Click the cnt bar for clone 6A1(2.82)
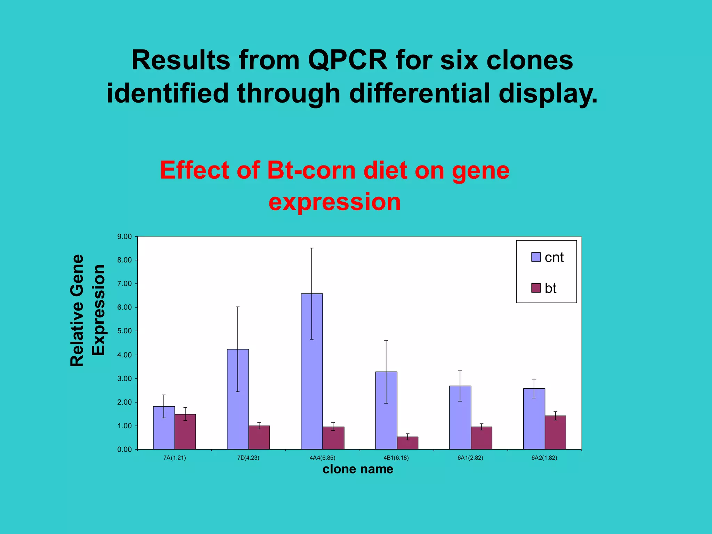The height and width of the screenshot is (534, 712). [460, 418]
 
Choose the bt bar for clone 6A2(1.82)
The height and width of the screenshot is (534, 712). [555, 432]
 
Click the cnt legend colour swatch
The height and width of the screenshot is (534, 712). [536, 257]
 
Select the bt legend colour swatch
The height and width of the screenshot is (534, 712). [536, 288]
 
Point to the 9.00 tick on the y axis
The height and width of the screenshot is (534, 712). [124, 237]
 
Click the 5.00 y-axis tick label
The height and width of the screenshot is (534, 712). [124, 331]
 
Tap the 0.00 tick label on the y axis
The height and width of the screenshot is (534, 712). [124, 450]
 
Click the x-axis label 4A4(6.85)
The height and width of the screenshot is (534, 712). [322, 458]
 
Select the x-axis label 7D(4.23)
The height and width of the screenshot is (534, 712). [248, 458]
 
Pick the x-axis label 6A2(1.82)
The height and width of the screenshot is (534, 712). [544, 458]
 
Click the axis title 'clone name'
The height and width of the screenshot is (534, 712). [358, 469]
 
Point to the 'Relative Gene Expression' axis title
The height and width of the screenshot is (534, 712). [87, 310]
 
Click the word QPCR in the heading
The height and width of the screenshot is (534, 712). [347, 60]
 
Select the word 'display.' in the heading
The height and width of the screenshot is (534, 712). [548, 93]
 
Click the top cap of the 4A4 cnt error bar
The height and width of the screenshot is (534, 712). [311, 248]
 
